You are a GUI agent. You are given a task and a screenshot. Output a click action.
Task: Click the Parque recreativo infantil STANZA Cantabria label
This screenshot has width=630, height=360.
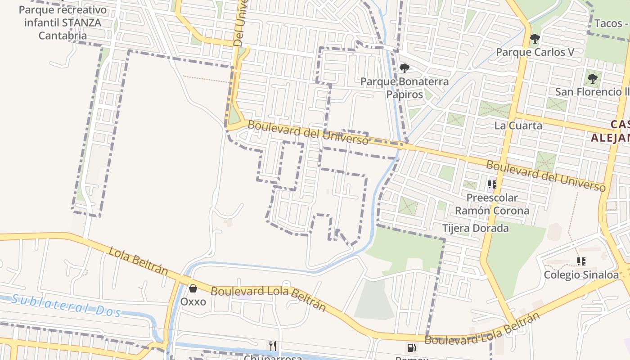tap(63, 22)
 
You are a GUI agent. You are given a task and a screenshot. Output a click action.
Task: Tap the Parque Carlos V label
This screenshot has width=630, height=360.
tap(535, 52)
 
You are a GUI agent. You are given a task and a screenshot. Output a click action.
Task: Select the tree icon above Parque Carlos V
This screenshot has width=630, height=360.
tap(535, 39)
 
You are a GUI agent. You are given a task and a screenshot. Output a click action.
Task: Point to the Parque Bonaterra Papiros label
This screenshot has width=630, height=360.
tap(405, 88)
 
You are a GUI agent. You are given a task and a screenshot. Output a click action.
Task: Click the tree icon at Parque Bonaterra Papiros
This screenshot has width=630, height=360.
tap(405, 68)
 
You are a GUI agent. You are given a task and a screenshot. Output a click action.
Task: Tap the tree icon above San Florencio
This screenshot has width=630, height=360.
tap(593, 79)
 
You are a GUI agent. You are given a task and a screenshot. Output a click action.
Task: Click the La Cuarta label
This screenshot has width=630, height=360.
tap(518, 126)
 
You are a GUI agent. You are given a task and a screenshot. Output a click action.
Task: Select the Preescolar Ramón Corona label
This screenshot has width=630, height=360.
tap(492, 204)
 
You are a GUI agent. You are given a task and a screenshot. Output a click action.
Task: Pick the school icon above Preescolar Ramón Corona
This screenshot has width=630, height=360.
tap(492, 184)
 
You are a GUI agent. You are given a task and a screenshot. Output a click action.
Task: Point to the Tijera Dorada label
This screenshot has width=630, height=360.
tap(476, 228)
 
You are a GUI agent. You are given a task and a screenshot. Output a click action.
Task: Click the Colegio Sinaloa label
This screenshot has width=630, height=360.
tap(581, 274)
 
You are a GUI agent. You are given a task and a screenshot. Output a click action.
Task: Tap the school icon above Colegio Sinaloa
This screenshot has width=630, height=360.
tap(581, 261)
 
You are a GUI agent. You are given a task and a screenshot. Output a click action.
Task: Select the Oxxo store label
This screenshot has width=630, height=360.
tap(193, 301)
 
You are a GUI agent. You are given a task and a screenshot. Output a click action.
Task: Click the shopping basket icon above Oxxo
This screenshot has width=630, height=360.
tap(193, 288)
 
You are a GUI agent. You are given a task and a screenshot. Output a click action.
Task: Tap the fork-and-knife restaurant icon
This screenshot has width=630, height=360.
tap(273, 346)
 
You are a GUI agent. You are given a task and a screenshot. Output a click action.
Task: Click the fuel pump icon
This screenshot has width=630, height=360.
tap(411, 347)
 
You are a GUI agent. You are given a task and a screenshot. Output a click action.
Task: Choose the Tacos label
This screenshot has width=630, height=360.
tap(611, 23)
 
